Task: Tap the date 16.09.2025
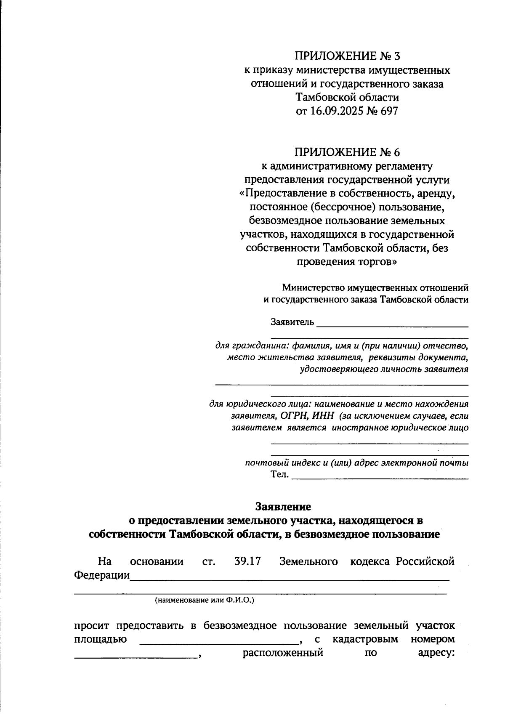pyautogui.click(x=335, y=111)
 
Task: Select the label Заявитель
pyautogui.click(x=292, y=322)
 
